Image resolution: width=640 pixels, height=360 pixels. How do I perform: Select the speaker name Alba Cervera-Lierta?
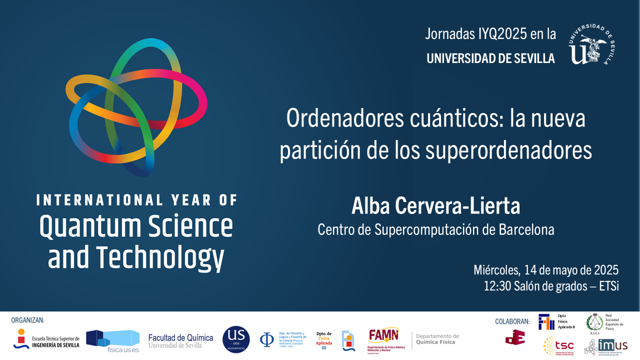point(435,206)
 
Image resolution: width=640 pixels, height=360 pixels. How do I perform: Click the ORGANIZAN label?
point(27,320)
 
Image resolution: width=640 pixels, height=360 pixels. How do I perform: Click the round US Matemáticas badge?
point(236,339)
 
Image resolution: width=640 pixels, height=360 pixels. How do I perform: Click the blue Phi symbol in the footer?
point(266,340)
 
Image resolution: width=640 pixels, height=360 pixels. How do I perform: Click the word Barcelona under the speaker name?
point(526,229)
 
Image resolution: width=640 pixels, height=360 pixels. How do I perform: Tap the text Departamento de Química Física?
point(437,340)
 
